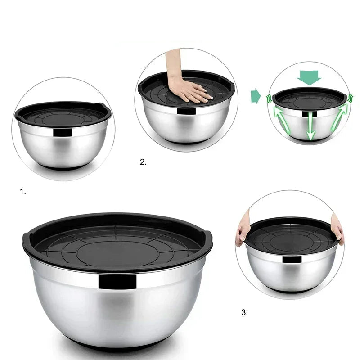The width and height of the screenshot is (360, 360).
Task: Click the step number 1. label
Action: (x=23, y=192)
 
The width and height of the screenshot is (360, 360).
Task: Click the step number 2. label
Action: (x=143, y=162)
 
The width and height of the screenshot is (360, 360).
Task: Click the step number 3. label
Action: (x=244, y=312)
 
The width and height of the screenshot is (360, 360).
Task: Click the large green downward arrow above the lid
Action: (x=309, y=77)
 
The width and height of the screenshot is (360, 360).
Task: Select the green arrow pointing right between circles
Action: (x=256, y=97)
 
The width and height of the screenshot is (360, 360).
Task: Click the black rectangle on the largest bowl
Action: (x=117, y=282)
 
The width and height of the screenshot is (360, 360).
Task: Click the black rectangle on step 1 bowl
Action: (x=63, y=132)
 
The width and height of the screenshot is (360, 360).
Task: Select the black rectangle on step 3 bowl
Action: (x=292, y=260)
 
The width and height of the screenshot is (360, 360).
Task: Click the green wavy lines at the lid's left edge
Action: (x=269, y=99)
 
